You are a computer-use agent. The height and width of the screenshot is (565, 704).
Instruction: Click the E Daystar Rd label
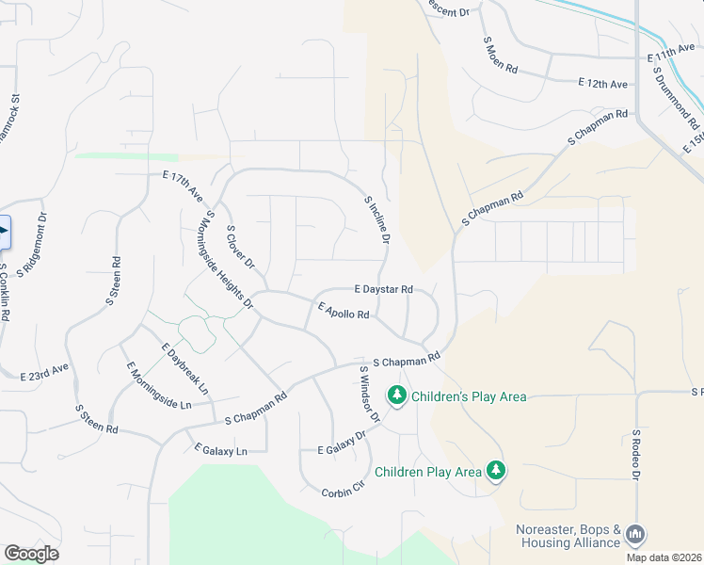tap(383, 289)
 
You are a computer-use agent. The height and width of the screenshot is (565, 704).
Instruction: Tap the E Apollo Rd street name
tap(344, 310)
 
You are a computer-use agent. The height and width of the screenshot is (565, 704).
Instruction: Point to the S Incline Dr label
tap(376, 218)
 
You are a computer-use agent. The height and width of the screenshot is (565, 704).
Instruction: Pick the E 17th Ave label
tap(183, 186)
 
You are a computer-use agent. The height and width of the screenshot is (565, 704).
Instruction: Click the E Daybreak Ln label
tap(185, 368)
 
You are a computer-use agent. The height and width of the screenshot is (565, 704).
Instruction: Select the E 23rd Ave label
tap(45, 372)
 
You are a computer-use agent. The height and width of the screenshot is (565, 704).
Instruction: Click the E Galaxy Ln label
tap(220, 449)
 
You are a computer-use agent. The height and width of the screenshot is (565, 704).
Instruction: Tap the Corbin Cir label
tap(343, 490)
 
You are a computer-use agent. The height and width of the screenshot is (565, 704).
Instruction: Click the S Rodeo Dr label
tap(636, 457)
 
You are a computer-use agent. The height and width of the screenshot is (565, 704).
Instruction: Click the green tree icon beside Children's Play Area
tap(397, 395)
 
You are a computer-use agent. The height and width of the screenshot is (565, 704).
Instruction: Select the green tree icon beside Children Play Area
tap(495, 470)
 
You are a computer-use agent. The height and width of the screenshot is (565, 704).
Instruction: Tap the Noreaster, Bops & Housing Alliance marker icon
tap(634, 535)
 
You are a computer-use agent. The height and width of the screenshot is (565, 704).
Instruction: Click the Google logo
tap(31, 553)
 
